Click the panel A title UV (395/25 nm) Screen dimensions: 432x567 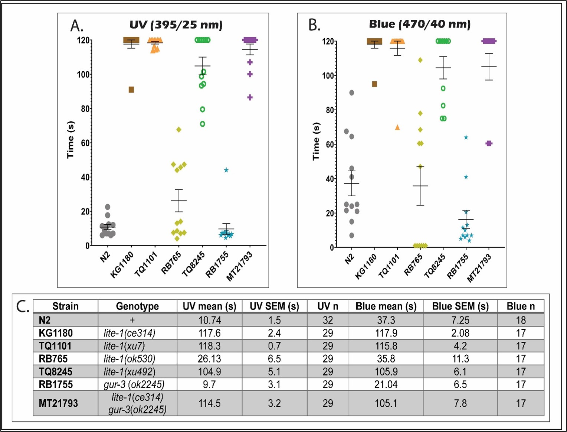[176, 25]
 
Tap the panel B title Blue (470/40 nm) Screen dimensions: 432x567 [420, 25]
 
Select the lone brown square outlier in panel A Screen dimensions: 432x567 [131, 90]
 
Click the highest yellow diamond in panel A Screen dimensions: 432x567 [179, 130]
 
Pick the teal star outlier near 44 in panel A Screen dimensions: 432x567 [226, 170]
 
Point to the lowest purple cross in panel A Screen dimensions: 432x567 [250, 97]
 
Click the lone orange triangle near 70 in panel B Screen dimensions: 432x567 [397, 127]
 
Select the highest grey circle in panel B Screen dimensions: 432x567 [352, 93]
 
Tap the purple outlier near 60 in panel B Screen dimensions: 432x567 [489, 143]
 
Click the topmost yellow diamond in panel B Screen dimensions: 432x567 [420, 60]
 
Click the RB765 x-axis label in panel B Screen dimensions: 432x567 [413, 264]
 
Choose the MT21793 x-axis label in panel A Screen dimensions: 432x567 [239, 266]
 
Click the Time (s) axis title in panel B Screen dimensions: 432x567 [316, 141]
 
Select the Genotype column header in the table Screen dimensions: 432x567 [137, 306]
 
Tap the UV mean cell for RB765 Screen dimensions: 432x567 [209, 359]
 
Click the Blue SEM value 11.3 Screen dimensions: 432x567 [460, 359]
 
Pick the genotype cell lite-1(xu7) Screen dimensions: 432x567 [124, 346]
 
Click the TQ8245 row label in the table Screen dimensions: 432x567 [56, 372]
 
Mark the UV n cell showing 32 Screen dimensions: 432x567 [328, 320]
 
